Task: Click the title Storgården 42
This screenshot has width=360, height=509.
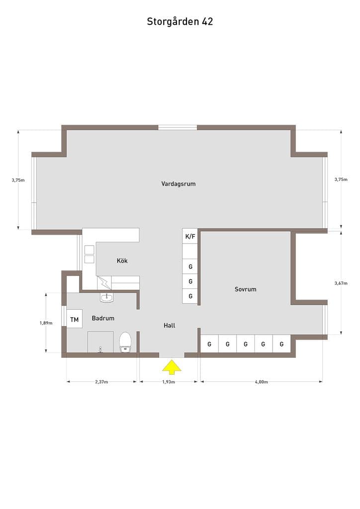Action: (180, 21)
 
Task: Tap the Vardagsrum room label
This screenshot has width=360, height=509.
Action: (178, 184)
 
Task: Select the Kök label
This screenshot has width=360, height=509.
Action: (122, 260)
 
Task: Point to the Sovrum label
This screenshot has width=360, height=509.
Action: (246, 289)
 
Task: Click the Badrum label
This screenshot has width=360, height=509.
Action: (103, 318)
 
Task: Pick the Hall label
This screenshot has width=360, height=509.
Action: (170, 325)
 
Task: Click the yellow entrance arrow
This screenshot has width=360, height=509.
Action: (172, 366)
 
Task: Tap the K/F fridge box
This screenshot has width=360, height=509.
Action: (190, 236)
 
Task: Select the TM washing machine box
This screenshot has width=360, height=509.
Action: (75, 320)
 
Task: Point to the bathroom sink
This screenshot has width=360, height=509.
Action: (106, 297)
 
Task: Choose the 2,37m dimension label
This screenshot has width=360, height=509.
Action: (101, 382)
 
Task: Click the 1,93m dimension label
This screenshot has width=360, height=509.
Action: (169, 382)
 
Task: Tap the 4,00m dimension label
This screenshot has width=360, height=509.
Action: (262, 382)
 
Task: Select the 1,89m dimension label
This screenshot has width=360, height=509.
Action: (46, 323)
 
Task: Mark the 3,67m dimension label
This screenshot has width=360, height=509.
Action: (341, 283)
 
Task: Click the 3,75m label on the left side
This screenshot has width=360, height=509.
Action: (18, 180)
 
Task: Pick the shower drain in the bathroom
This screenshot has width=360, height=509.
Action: (100, 349)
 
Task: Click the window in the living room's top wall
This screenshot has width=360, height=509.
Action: (178, 127)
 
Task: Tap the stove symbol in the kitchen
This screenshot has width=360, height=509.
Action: (90, 254)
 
